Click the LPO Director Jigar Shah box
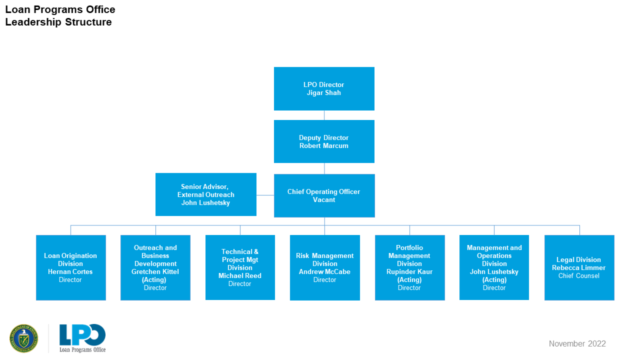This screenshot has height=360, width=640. (x=324, y=89)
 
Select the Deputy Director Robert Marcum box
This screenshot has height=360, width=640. (x=324, y=141)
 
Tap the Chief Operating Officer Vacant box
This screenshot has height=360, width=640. (x=324, y=195)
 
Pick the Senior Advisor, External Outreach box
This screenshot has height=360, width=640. (x=206, y=194)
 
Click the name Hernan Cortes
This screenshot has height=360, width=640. (x=70, y=272)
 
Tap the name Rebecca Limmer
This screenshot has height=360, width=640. (x=578, y=268)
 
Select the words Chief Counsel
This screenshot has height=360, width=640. (x=578, y=276)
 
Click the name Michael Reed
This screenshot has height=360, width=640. (x=240, y=276)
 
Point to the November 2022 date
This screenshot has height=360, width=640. (x=577, y=343)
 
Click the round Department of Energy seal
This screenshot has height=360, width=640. (x=24, y=338)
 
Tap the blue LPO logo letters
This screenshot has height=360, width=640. (x=82, y=335)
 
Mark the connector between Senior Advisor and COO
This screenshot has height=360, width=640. (x=265, y=195)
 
